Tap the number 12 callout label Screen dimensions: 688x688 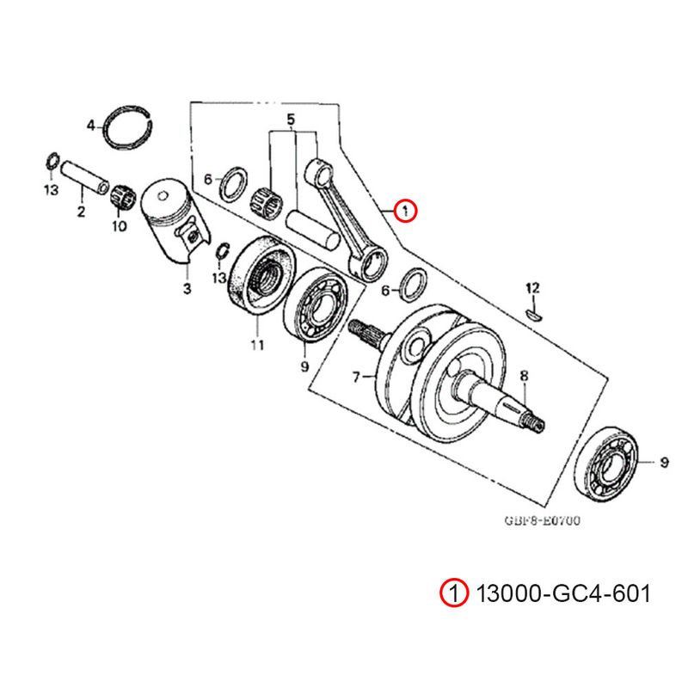click(532, 286)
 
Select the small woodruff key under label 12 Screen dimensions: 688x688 click(534, 314)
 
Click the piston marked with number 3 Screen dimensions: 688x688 click(175, 219)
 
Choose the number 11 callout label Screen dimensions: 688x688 click(255, 346)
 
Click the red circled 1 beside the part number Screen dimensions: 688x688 click(453, 593)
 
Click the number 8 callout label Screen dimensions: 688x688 click(524, 375)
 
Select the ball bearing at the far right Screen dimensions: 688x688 click(611, 464)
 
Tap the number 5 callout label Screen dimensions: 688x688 click(291, 118)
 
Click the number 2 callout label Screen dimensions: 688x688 click(81, 212)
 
